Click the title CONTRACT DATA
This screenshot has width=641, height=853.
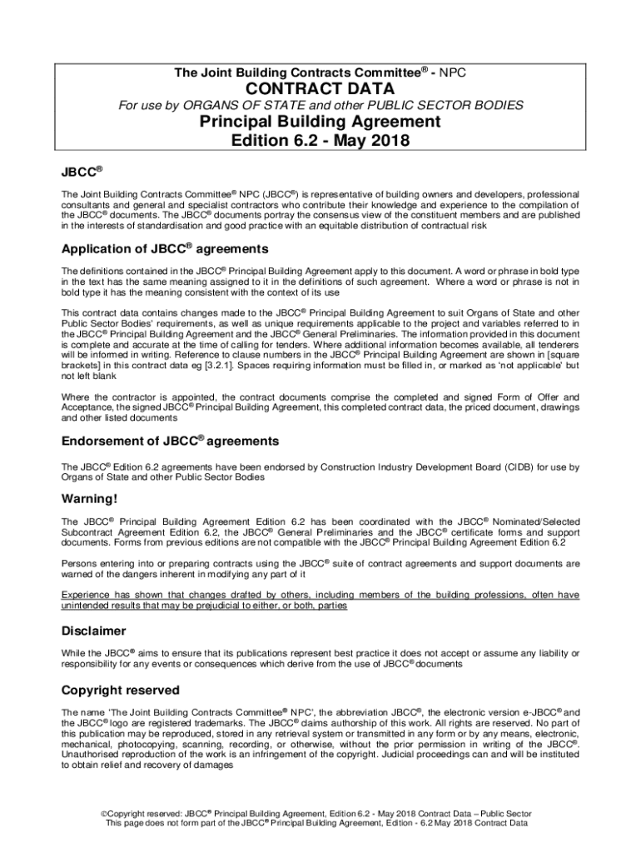pyautogui.click(x=320, y=88)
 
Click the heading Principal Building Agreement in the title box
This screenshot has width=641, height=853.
pyautogui.click(x=320, y=122)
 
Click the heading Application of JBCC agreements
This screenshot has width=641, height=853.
pyautogui.click(x=165, y=249)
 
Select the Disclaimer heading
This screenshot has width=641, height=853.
pyautogui.click(x=94, y=631)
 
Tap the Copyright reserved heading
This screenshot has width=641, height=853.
pyautogui.click(x=120, y=691)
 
